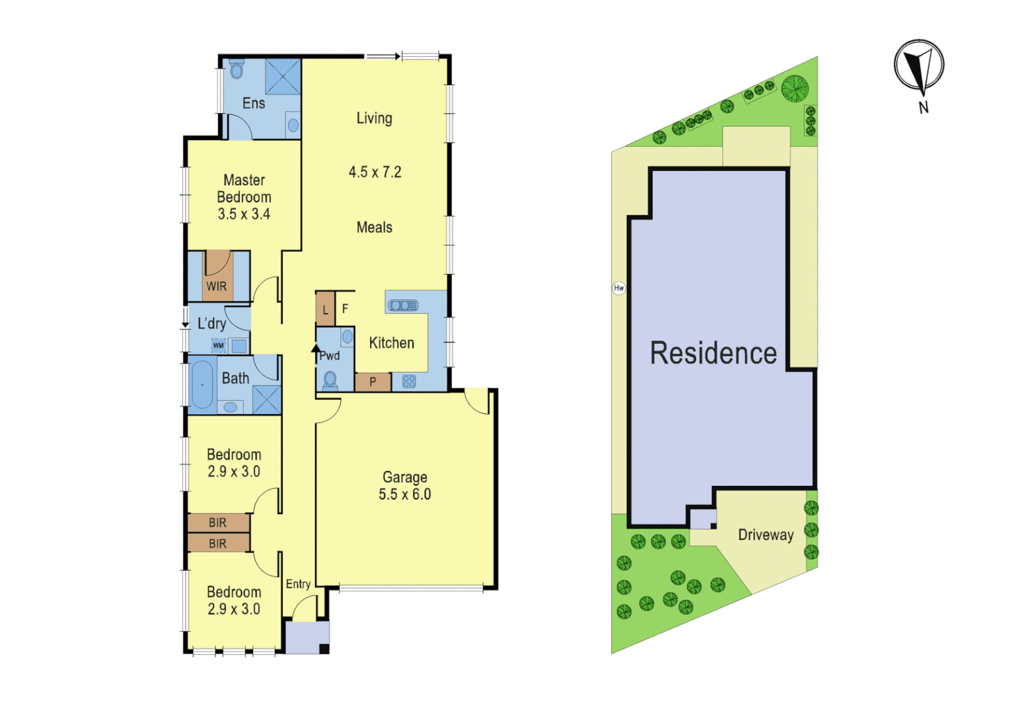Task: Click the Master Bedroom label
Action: (x=244, y=189)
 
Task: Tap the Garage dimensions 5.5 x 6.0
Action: (x=404, y=494)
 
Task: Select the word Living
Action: (x=375, y=118)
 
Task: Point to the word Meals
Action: (x=375, y=228)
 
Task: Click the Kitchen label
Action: (x=392, y=343)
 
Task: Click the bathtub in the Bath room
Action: (x=202, y=384)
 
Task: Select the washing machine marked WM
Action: (x=219, y=345)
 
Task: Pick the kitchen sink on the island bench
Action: (x=403, y=305)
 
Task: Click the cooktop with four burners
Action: (x=409, y=382)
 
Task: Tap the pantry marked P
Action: (x=373, y=382)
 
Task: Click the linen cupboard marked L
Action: (x=325, y=310)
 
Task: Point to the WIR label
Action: (x=217, y=287)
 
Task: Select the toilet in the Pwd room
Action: (x=330, y=380)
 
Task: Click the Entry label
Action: (x=298, y=584)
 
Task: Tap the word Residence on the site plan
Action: (x=713, y=354)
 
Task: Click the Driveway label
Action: (x=766, y=535)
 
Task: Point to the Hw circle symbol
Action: (x=619, y=288)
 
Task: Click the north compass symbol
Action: (x=919, y=65)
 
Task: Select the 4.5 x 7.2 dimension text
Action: (x=375, y=172)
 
